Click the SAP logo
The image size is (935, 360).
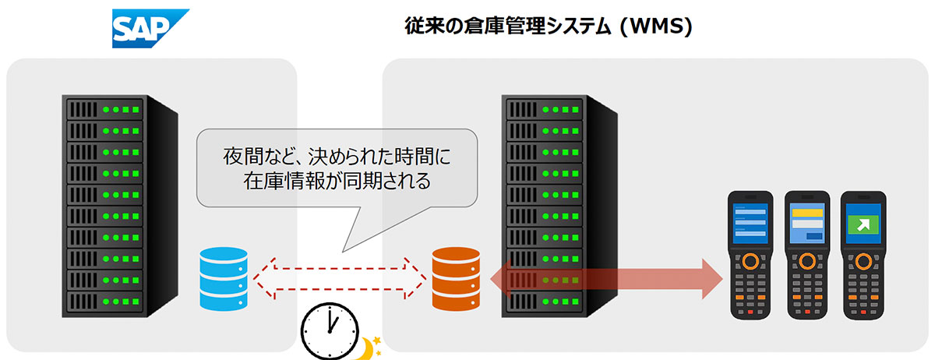coord(150,28)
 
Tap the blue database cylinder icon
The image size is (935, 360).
coord(223,277)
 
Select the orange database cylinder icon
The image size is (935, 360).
coord(457,277)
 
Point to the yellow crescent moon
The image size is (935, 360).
coord(364,348)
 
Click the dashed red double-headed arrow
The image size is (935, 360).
coord(340,277)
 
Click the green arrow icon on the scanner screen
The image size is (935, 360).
coord(863,223)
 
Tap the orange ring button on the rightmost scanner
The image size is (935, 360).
coord(863,259)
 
